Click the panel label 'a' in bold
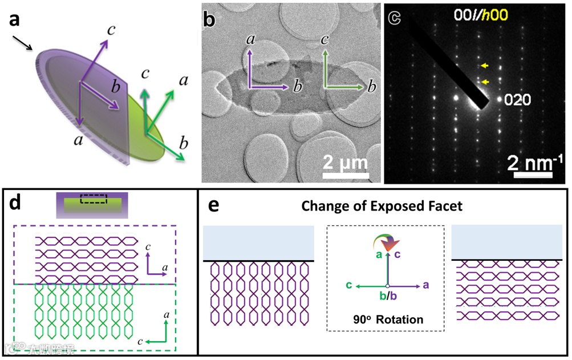(x=14, y=19)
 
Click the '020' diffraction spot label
(x=518, y=100)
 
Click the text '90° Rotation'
(x=387, y=319)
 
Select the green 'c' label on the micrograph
(x=324, y=41)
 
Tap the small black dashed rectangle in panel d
(x=92, y=199)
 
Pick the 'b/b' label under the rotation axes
(x=387, y=297)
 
